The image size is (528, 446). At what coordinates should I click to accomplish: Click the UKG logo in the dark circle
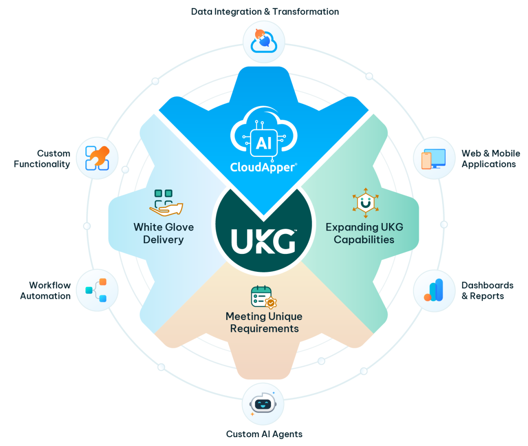pyautogui.click(x=263, y=241)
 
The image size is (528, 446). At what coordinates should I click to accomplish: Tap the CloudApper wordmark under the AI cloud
pyautogui.click(x=264, y=167)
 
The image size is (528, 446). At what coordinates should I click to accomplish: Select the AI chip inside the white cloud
pyautogui.click(x=264, y=143)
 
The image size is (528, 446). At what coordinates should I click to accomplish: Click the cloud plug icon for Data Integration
pyautogui.click(x=264, y=41)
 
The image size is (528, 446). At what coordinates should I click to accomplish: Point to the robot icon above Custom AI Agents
pyautogui.click(x=263, y=404)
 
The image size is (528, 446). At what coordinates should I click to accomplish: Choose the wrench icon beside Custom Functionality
pyautogui.click(x=97, y=158)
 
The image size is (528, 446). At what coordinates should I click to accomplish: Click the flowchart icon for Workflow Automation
pyautogui.click(x=96, y=290)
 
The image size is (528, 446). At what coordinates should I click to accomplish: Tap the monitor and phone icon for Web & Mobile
pyautogui.click(x=433, y=159)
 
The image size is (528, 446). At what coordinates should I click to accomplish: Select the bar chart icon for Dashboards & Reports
pyautogui.click(x=433, y=290)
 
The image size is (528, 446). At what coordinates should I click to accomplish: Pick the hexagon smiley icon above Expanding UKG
pyautogui.click(x=366, y=203)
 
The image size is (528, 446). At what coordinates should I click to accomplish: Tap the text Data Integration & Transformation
pyautogui.click(x=265, y=11)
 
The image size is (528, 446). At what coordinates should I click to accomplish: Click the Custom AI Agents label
pyautogui.click(x=264, y=434)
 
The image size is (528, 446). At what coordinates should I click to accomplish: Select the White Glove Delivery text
pyautogui.click(x=164, y=233)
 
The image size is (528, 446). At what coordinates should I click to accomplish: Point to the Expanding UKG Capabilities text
pyautogui.click(x=364, y=233)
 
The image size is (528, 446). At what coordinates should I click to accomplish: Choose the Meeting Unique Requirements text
pyautogui.click(x=264, y=322)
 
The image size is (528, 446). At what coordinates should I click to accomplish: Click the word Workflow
pyautogui.click(x=50, y=285)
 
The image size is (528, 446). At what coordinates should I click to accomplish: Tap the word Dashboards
pyautogui.click(x=488, y=285)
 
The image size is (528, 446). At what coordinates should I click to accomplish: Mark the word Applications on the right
pyautogui.click(x=489, y=164)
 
